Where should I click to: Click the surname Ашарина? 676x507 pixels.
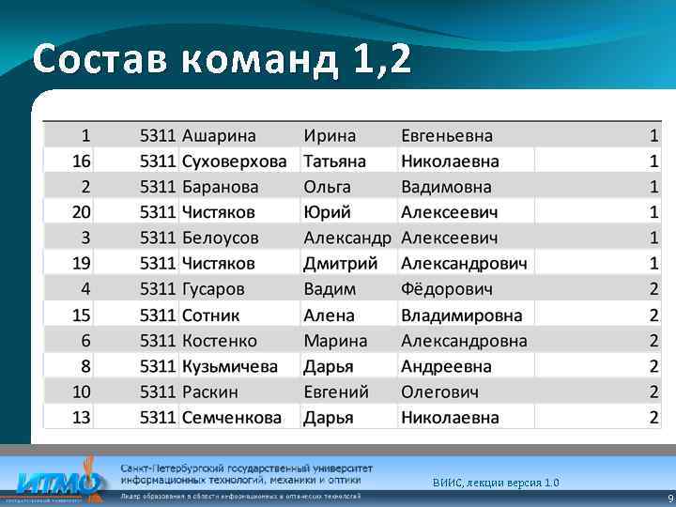(219, 136)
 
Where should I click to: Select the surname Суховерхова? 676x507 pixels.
(234, 161)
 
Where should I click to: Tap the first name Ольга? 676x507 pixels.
(327, 187)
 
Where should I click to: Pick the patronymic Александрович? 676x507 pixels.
(464, 264)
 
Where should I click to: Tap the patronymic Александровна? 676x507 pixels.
(464, 341)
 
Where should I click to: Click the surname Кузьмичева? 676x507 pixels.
(229, 366)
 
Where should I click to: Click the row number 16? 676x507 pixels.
(82, 161)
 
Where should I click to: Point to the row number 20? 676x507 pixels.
(82, 212)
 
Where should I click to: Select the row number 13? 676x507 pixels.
(82, 417)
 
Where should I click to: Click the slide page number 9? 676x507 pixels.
(668, 498)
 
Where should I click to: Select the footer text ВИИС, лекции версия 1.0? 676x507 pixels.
(496, 483)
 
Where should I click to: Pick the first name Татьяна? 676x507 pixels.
(335, 161)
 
